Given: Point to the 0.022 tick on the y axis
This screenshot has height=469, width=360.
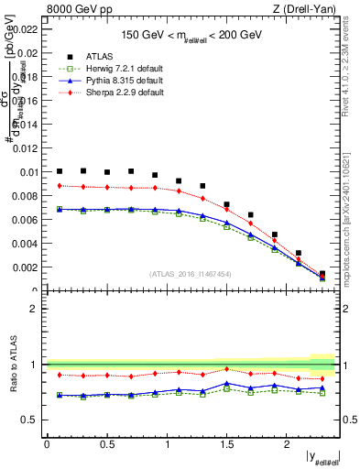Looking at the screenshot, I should click(27, 29).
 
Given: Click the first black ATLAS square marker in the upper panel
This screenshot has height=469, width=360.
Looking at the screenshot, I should click(60, 171).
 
